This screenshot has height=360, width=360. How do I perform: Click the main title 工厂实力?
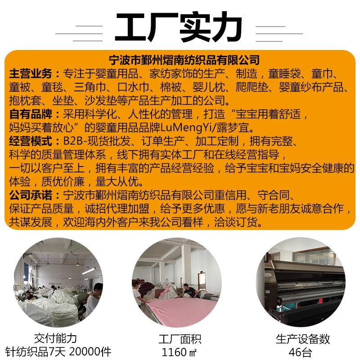click(x=179, y=28)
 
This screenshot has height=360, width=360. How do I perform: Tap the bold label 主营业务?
click(x=31, y=74)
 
